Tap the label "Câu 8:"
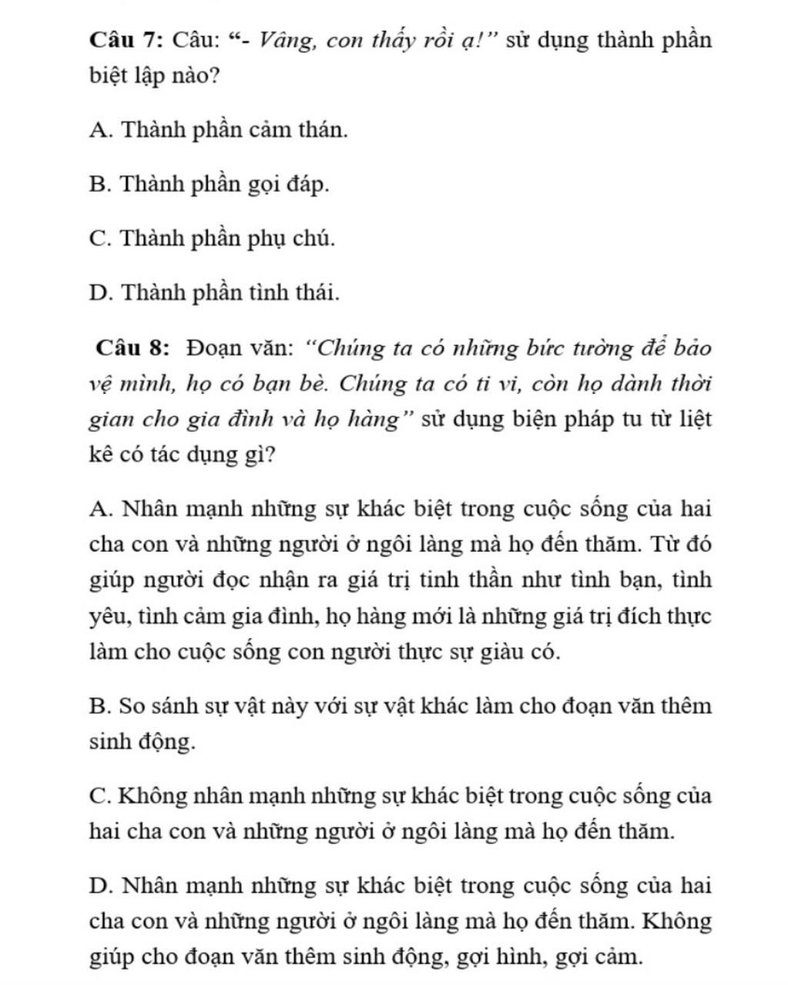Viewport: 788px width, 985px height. pyautogui.click(x=132, y=348)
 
